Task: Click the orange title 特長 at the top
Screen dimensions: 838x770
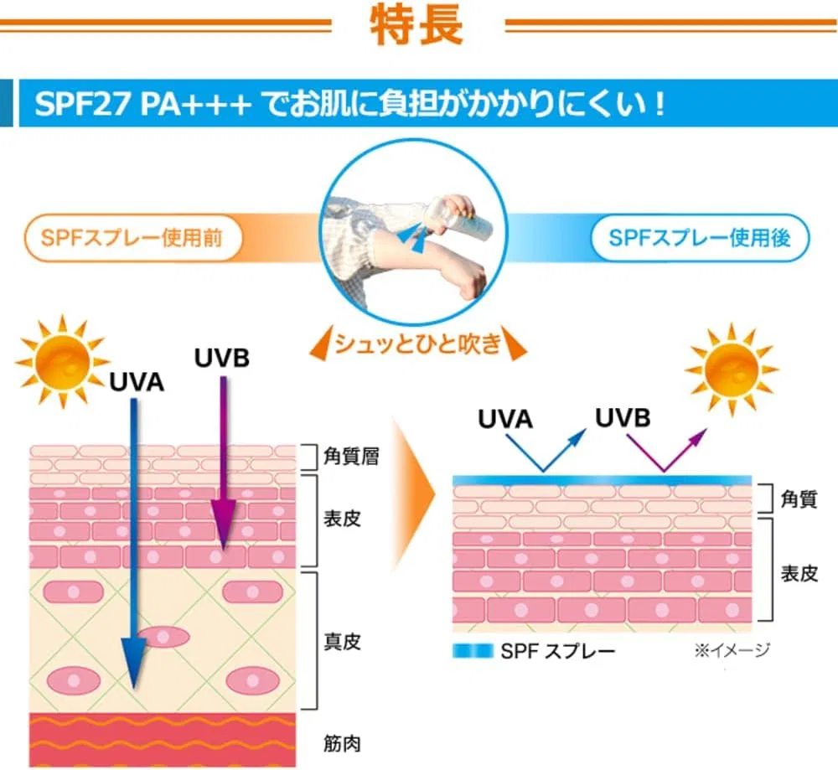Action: pyautogui.click(x=416, y=24)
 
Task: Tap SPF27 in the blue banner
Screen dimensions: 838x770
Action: pyautogui.click(x=83, y=103)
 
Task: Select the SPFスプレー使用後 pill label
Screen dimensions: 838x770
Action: pyautogui.click(x=700, y=238)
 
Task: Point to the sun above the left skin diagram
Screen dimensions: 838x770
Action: pyautogui.click(x=62, y=361)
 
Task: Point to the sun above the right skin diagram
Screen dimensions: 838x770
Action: pyautogui.click(x=731, y=369)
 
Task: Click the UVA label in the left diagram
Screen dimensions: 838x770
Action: pyautogui.click(x=137, y=383)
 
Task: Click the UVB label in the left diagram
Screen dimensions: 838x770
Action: pyautogui.click(x=222, y=358)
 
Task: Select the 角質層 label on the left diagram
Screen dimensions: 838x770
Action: pyautogui.click(x=351, y=456)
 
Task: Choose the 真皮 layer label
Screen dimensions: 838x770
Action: pyautogui.click(x=342, y=641)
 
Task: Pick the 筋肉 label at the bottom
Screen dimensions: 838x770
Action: pyautogui.click(x=342, y=743)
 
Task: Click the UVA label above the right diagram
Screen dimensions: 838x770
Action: pyautogui.click(x=505, y=419)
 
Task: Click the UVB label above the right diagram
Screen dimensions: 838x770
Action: pyautogui.click(x=623, y=418)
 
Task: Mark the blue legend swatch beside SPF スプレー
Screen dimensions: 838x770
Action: pyautogui.click(x=473, y=650)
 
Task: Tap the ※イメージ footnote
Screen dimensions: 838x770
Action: pyautogui.click(x=732, y=650)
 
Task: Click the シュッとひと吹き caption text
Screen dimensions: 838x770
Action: pyautogui.click(x=418, y=343)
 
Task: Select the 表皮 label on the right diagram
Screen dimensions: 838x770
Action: pyautogui.click(x=799, y=573)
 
